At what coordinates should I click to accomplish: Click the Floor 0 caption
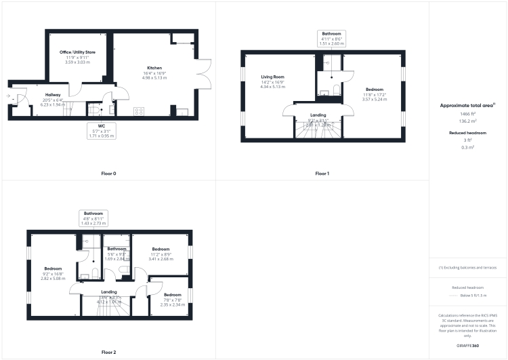[x=108, y=174]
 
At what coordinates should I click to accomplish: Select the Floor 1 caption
[x=322, y=174]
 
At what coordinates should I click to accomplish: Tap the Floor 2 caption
[x=108, y=352]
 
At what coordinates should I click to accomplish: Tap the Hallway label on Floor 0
[x=53, y=95]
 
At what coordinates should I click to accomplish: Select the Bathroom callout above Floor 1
[x=331, y=37]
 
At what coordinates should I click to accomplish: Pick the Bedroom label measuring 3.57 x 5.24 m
[x=375, y=89]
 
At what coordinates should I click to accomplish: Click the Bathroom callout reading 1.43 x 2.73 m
[x=94, y=218]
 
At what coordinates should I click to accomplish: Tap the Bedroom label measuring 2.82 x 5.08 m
[x=54, y=268]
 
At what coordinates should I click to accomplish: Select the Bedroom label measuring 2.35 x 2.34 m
[x=172, y=295]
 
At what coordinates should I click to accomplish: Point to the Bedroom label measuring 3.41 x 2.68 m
[x=161, y=249]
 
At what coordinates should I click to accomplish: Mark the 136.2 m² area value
[x=467, y=123]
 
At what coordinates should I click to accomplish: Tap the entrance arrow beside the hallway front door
[x=8, y=98]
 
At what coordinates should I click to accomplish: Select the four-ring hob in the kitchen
[x=139, y=111]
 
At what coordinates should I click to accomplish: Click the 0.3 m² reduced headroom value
[x=467, y=147]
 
